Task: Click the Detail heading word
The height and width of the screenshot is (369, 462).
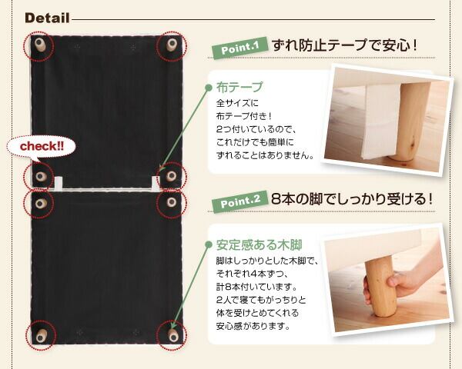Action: pyautogui.click(x=47, y=18)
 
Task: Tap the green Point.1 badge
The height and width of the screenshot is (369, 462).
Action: pyautogui.click(x=239, y=48)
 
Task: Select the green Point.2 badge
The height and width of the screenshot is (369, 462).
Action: pyautogui.click(x=240, y=201)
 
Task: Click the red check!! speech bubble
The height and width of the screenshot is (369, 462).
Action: pyautogui.click(x=42, y=146)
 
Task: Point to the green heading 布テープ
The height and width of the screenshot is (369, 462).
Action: pyautogui.click(x=239, y=87)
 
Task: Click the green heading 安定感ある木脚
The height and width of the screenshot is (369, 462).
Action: pyautogui.click(x=259, y=244)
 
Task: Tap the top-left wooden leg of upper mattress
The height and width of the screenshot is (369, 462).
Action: pyautogui.click(x=39, y=45)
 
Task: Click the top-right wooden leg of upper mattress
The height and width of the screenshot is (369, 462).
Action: pyautogui.click(x=172, y=45)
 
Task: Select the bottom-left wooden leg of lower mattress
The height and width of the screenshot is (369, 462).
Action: pyautogui.click(x=41, y=336)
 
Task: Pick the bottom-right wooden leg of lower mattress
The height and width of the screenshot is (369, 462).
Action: pyautogui.click(x=173, y=335)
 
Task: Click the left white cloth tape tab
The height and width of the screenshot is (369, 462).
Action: pyautogui.click(x=59, y=183)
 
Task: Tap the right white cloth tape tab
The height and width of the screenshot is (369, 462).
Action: pyautogui.click(x=156, y=182)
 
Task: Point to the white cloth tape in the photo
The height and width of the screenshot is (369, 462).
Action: pyautogui.click(x=381, y=121)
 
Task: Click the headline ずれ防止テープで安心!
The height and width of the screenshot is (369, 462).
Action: pyautogui.click(x=344, y=45)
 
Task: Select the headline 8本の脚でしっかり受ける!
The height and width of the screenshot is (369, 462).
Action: pyautogui.click(x=352, y=199)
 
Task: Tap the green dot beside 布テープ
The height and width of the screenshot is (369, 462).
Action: pyautogui.click(x=209, y=87)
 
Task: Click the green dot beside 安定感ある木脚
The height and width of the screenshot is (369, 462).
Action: pyautogui.click(x=209, y=244)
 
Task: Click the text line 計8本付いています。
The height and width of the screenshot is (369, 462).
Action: pyautogui.click(x=256, y=286)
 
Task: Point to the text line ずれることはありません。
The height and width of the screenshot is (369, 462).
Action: pyautogui.click(x=265, y=155)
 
